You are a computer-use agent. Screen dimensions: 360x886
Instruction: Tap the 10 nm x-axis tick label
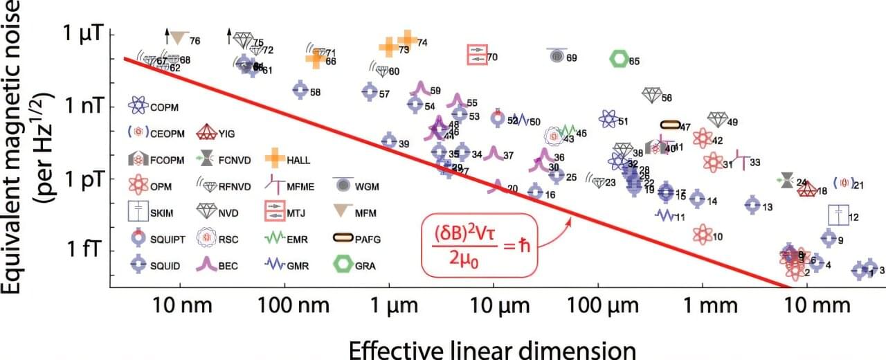coord(181,305)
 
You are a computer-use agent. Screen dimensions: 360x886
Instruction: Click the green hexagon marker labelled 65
coord(618,60)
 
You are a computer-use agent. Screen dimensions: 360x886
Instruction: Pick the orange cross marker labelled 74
coord(407,40)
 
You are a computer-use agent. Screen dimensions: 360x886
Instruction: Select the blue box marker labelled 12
coord(839,215)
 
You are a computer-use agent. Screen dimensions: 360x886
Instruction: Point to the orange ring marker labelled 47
coord(670,125)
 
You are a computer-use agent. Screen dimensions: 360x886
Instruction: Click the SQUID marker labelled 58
coord(300,89)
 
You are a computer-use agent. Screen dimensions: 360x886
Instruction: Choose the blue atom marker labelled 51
coord(608,119)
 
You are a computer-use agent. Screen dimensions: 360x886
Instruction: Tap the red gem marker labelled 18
coord(806,190)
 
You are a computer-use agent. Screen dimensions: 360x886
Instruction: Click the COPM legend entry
coord(139,106)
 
